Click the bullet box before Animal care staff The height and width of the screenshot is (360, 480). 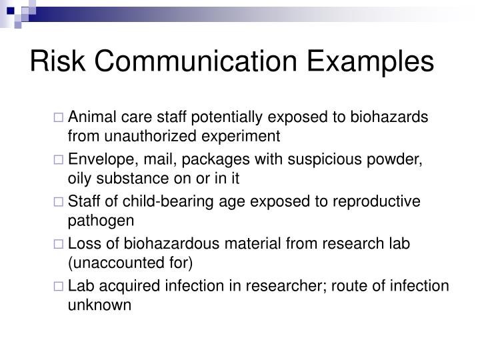[x=59, y=118]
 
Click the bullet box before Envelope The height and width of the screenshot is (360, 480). [x=59, y=160]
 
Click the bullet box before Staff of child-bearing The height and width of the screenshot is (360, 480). [x=59, y=202]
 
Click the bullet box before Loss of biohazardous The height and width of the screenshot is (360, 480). [x=59, y=244]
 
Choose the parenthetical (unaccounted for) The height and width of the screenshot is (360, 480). [x=130, y=262]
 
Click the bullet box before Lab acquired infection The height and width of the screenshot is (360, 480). [x=59, y=286]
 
